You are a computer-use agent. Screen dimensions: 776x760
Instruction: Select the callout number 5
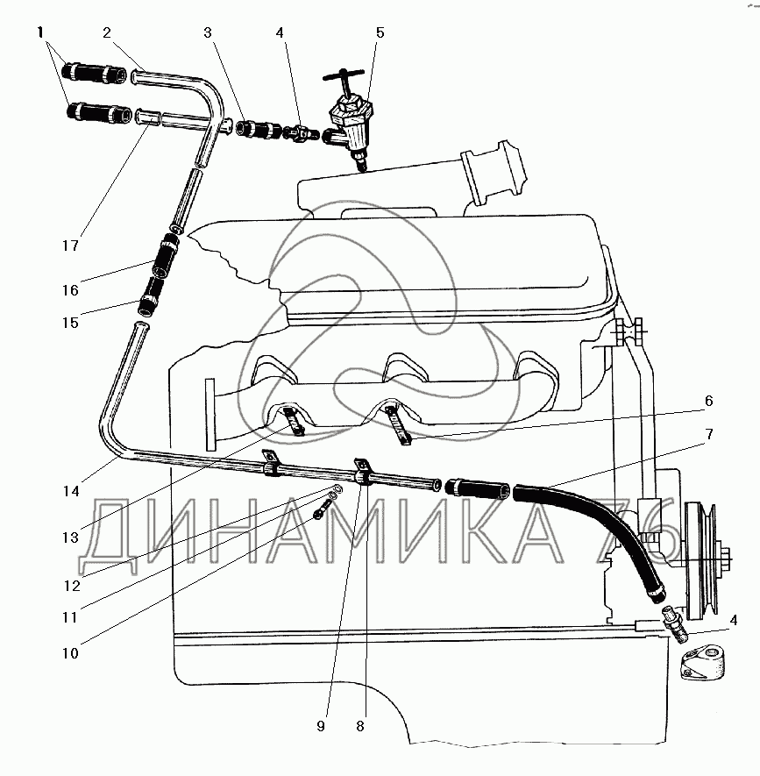click(380, 34)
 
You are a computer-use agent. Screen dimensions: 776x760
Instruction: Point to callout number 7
click(708, 435)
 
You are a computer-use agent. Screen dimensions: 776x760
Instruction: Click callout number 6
click(708, 401)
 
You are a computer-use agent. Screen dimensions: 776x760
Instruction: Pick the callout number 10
click(68, 652)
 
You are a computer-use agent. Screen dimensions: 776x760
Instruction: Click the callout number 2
click(106, 34)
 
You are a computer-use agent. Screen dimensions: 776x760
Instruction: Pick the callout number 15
click(68, 323)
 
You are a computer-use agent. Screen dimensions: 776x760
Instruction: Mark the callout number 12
click(68, 587)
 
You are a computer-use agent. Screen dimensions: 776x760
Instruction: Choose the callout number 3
click(207, 34)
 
